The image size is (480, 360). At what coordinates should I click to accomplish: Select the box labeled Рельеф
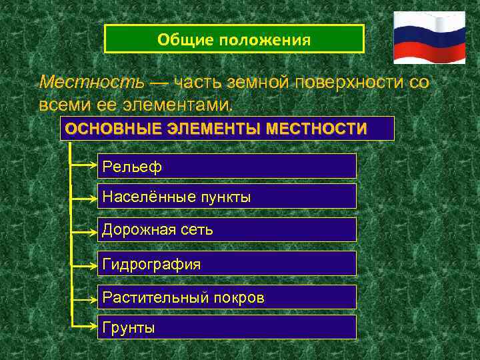pyautogui.click(x=227, y=166)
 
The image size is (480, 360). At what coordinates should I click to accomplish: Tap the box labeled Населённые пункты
pyautogui.click(x=227, y=197)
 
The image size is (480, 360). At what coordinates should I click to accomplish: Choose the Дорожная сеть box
pyautogui.click(x=227, y=230)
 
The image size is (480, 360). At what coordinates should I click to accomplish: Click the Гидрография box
pyautogui.click(x=227, y=264)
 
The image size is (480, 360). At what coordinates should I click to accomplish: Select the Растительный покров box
pyautogui.click(x=227, y=297)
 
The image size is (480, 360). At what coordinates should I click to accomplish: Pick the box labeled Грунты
pyautogui.click(x=227, y=327)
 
